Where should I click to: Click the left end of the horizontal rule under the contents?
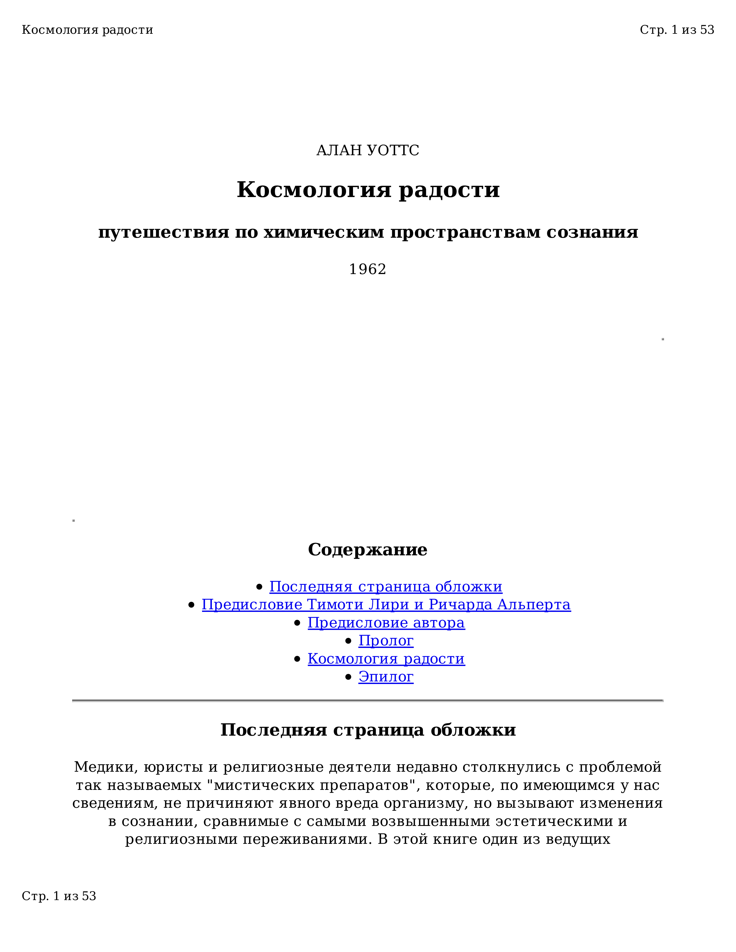coord(72,700)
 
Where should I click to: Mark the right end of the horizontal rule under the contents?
coord(663,700)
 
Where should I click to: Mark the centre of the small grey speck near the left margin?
coord(74,520)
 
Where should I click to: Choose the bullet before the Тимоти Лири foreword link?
coord(191,605)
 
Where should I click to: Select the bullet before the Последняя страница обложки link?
coord(259,587)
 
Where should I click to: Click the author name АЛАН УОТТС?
coord(367,150)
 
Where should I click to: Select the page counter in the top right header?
coord(677,30)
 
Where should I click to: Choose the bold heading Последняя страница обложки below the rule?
coord(368,730)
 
